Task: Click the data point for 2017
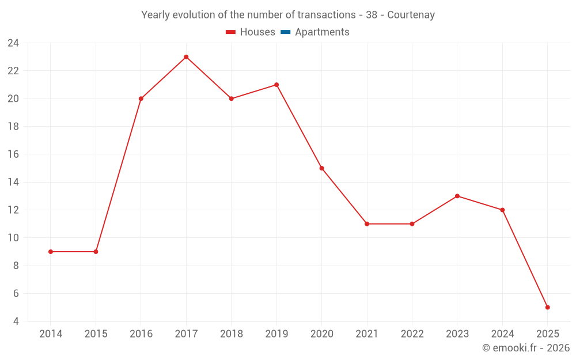click(186, 57)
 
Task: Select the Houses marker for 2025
click(547, 307)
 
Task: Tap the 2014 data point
click(51, 252)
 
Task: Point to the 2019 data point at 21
click(276, 85)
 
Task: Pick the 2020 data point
click(321, 168)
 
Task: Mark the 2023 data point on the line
click(457, 196)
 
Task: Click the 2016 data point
click(141, 98)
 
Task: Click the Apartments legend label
click(322, 32)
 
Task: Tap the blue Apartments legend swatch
click(286, 32)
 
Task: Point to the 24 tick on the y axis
click(13, 43)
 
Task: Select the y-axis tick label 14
click(13, 182)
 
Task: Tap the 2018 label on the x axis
click(232, 334)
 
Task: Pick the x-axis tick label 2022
click(412, 334)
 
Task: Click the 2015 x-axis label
click(96, 334)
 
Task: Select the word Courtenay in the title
click(411, 15)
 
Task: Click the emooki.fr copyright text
click(526, 348)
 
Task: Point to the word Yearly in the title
click(156, 15)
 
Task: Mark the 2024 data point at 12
click(502, 210)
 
